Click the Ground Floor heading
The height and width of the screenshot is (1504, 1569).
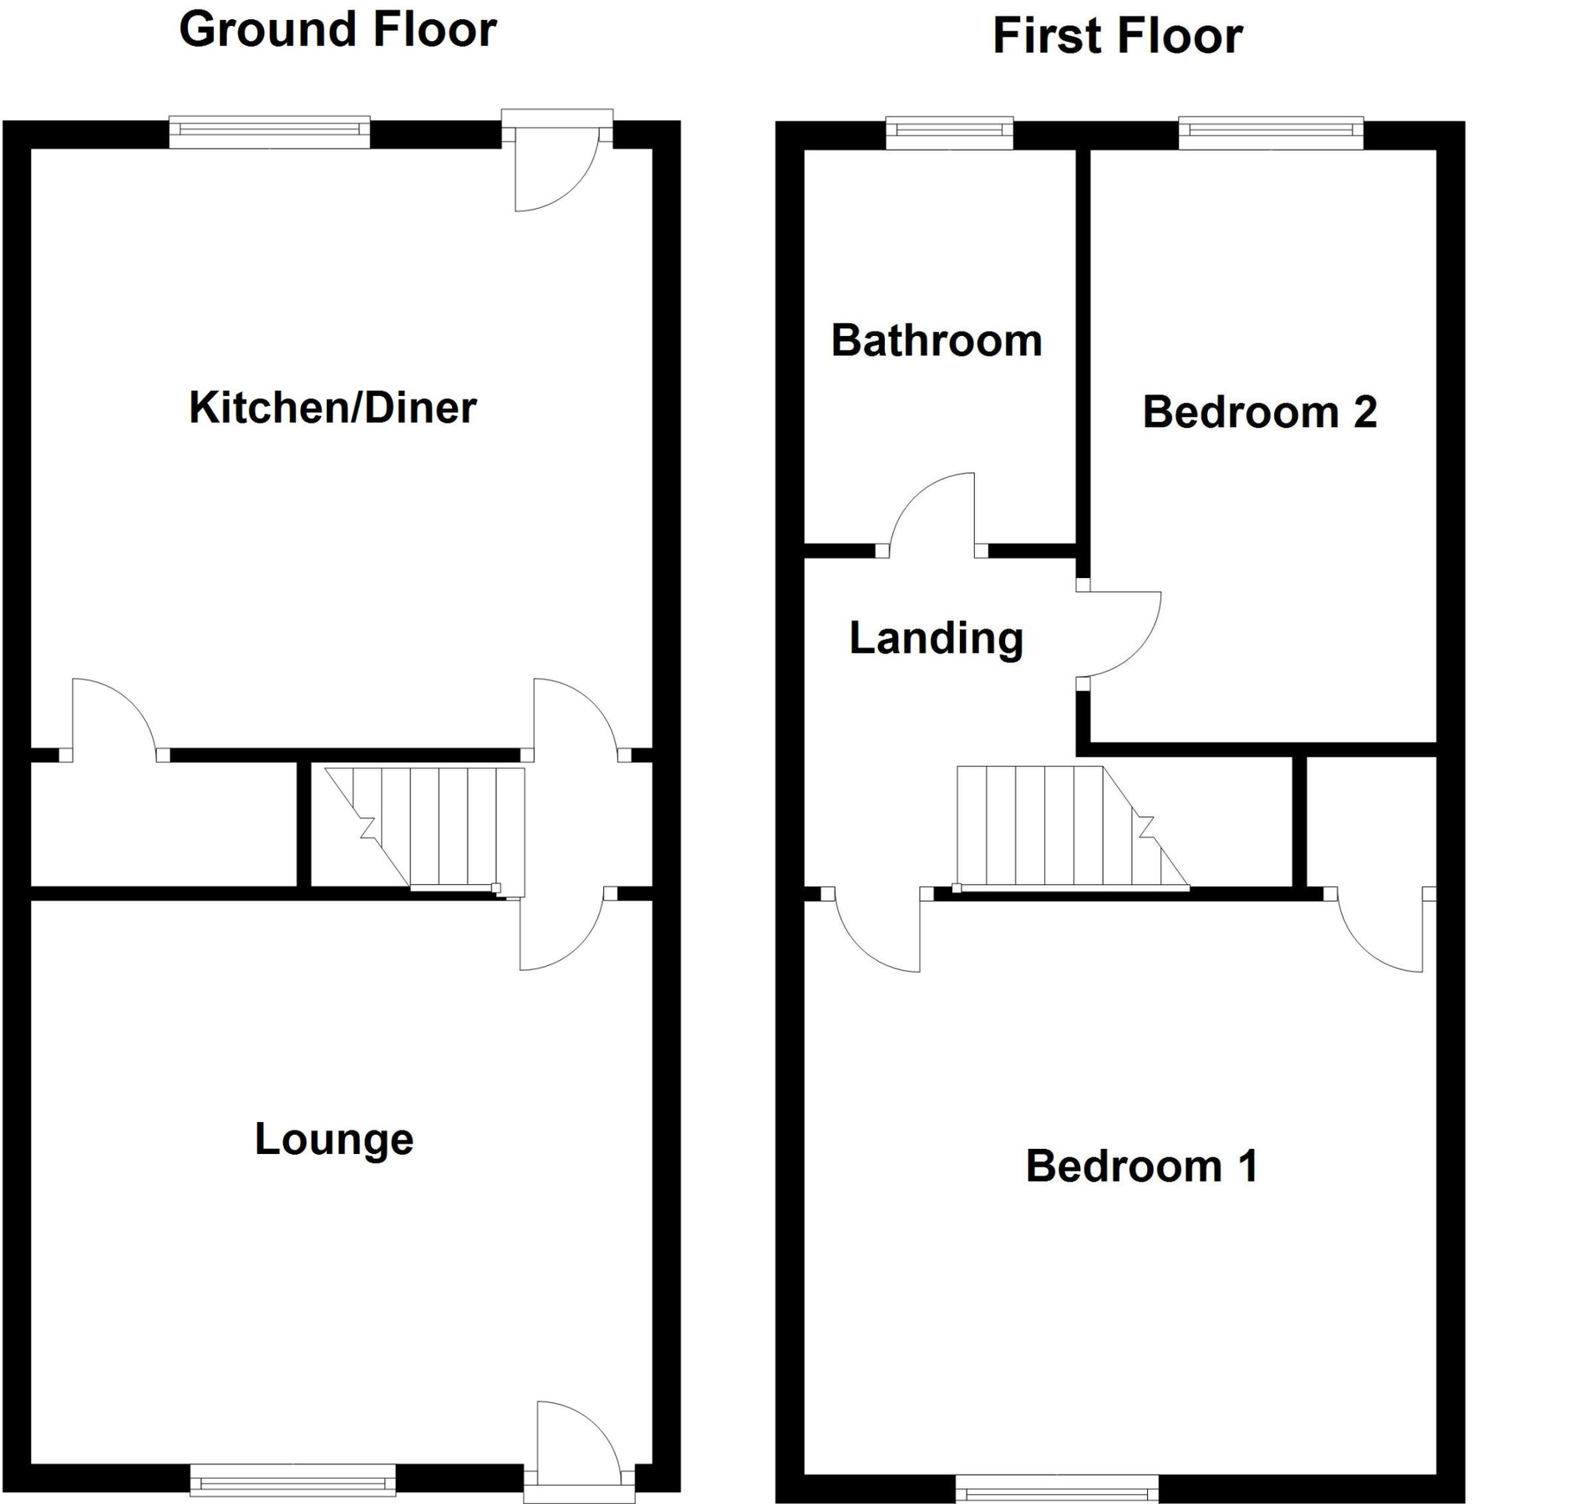[338, 30]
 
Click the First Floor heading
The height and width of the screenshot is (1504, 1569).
[1117, 37]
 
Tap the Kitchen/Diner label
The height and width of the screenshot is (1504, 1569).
[333, 408]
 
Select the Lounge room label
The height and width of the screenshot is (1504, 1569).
[334, 1139]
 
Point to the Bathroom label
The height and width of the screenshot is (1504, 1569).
[937, 341]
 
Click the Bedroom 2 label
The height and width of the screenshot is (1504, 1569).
[1259, 412]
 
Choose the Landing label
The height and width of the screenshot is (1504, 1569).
[936, 638]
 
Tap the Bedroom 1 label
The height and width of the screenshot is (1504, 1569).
[1141, 1166]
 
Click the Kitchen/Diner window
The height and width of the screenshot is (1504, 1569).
[269, 131]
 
